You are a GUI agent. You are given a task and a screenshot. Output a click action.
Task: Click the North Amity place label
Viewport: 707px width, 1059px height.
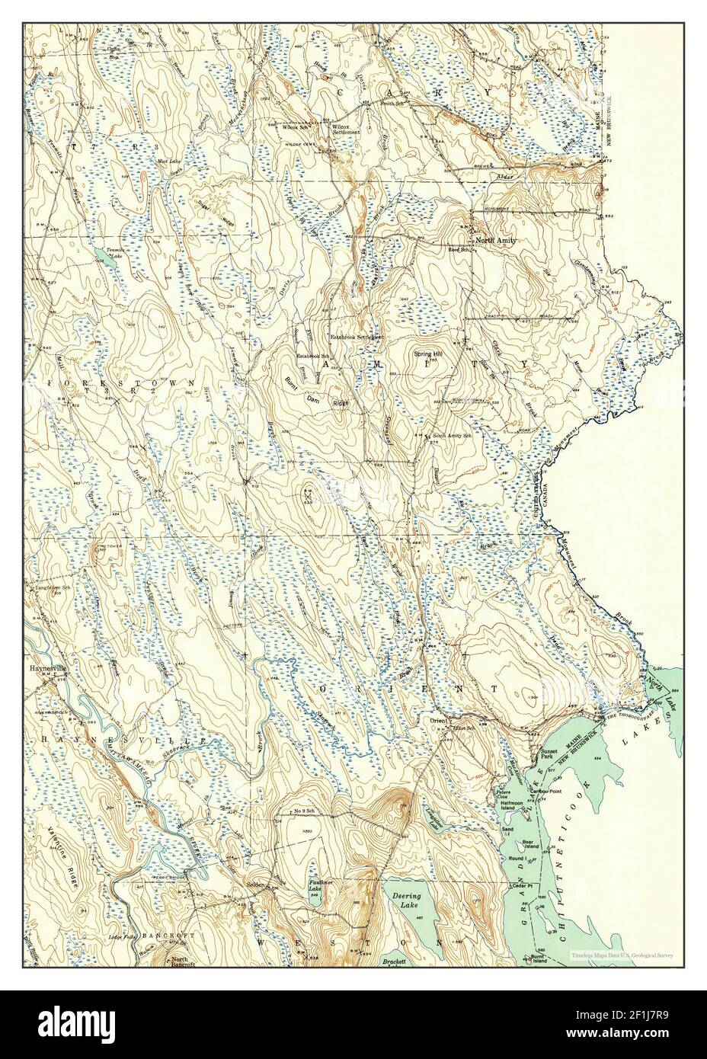point(496,241)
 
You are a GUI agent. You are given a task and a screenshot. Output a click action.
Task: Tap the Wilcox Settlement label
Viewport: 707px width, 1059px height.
point(339,129)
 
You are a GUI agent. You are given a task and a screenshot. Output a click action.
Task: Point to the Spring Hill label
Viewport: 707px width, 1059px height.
point(427,354)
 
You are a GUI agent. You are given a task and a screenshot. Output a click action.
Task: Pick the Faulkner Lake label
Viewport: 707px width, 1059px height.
point(322,887)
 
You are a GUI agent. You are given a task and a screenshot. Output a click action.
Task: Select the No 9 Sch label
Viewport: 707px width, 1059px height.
point(306,811)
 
